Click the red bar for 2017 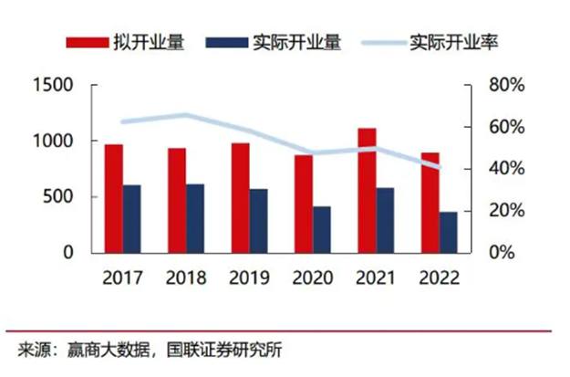[x=113, y=197]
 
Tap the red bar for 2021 [x=367, y=190]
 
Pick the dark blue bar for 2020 [x=321, y=228]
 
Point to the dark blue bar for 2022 [x=448, y=232]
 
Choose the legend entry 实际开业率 [x=457, y=42]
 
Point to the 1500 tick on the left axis [x=53, y=85]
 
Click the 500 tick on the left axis [x=59, y=197]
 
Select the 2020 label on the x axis [x=312, y=277]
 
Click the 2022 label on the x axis [x=439, y=277]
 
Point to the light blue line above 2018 [x=185, y=115]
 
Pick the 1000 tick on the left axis [x=53, y=141]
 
